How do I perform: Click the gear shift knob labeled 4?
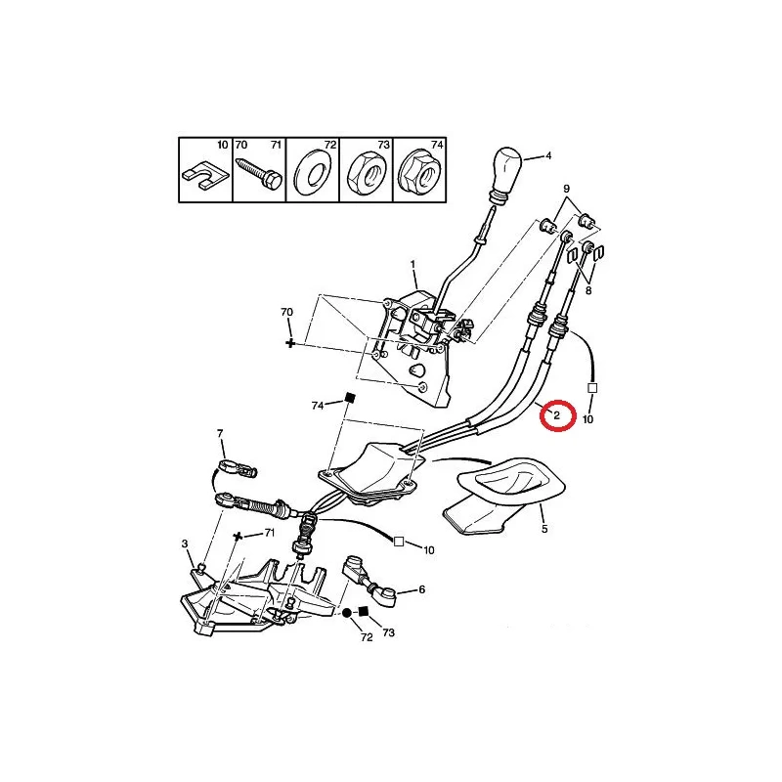pos(506,175)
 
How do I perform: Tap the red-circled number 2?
pos(556,414)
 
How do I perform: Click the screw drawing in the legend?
pos(259,172)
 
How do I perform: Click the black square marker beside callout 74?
pos(350,398)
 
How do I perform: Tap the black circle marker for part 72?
pos(347,613)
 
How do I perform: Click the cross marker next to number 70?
pos(289,343)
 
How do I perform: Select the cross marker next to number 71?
pos(238,536)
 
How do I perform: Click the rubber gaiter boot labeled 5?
pos(503,495)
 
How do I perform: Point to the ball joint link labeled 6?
pos(369,581)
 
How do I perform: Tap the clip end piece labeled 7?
pos(238,468)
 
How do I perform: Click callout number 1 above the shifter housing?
pos(413,264)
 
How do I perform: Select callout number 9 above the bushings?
pos(567,189)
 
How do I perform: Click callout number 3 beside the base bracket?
pos(185,543)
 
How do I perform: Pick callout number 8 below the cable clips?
pos(588,290)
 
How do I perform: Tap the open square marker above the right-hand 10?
pos(592,387)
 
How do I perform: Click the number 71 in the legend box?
pos(276,145)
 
